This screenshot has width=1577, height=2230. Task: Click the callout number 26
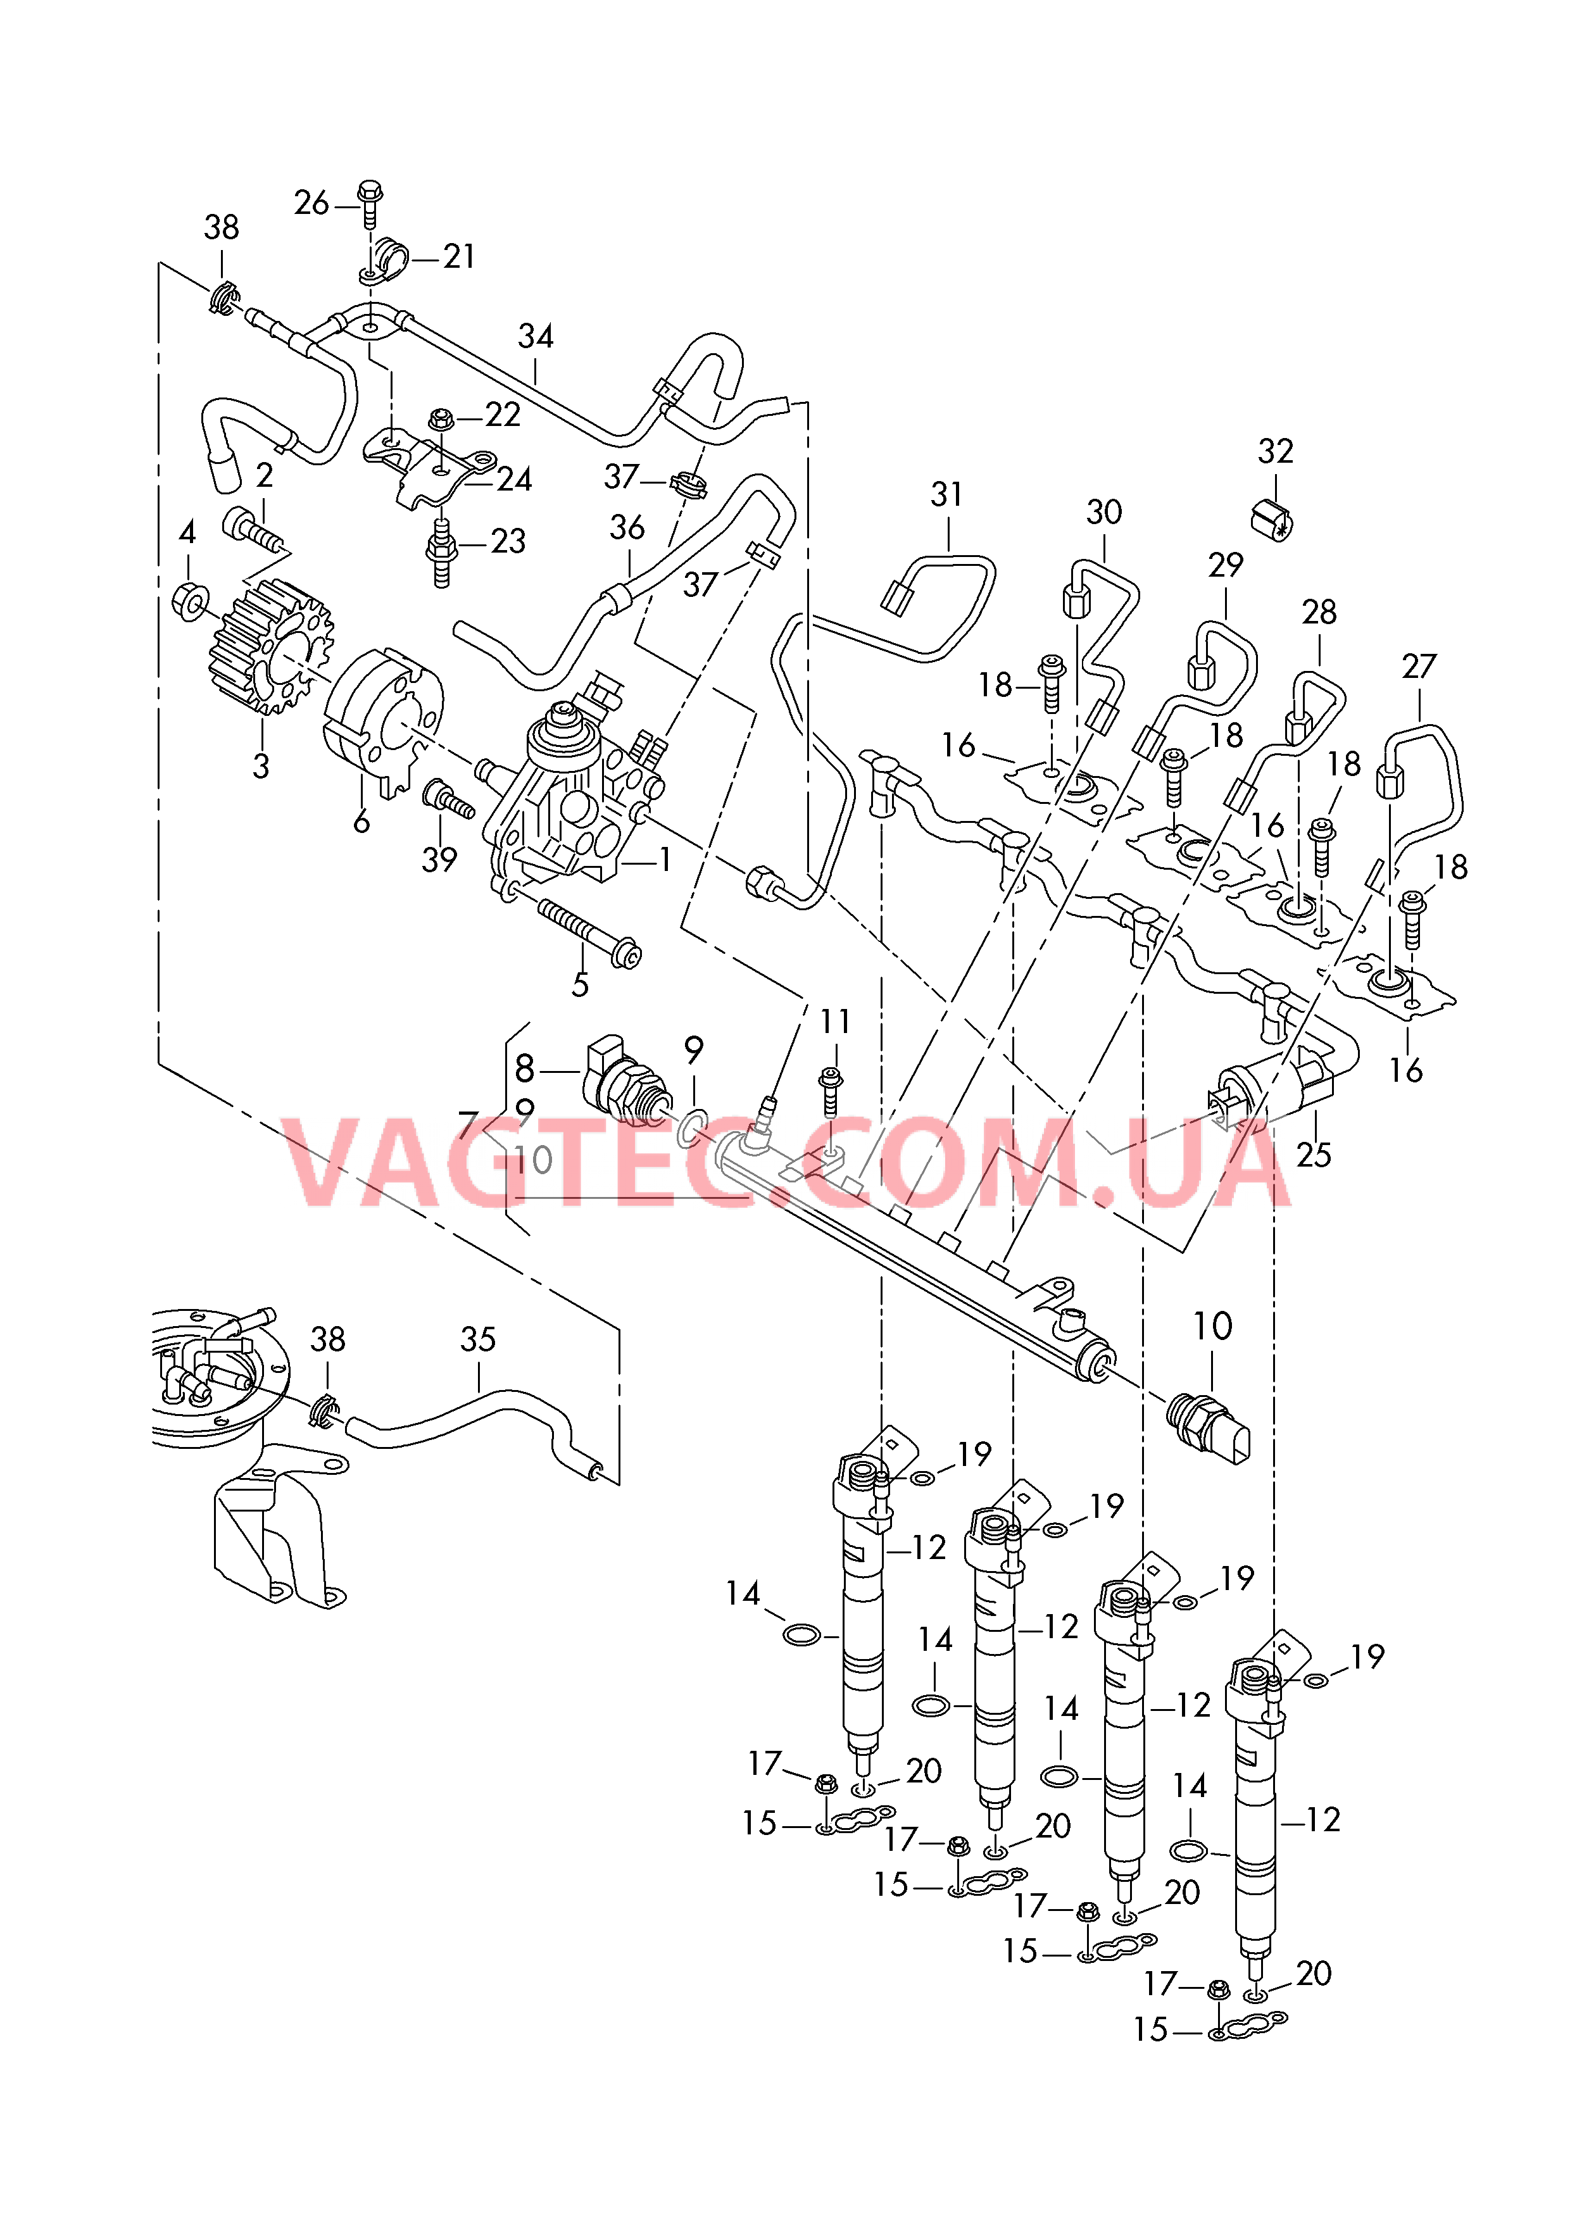[x=311, y=203]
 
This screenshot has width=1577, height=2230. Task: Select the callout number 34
[x=536, y=336]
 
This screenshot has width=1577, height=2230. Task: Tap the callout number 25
[x=1313, y=1154]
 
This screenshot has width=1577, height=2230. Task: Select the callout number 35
[x=477, y=1339]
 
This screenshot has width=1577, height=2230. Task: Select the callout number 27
[x=1419, y=667]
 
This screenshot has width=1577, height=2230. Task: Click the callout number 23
[x=507, y=541]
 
